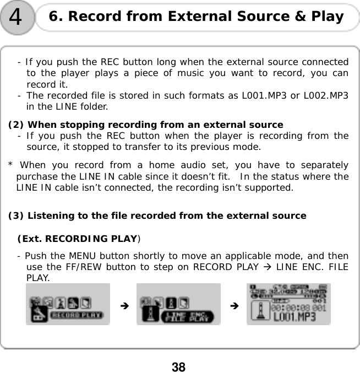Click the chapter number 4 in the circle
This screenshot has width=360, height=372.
click(17, 18)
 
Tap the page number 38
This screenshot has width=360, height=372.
click(178, 366)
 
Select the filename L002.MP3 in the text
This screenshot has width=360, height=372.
click(328, 96)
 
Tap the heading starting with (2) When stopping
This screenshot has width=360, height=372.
click(146, 125)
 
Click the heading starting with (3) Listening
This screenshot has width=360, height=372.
click(157, 215)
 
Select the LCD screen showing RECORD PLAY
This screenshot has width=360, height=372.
click(67, 304)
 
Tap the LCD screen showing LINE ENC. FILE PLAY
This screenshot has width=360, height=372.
click(178, 304)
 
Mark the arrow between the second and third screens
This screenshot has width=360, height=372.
click(233, 305)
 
